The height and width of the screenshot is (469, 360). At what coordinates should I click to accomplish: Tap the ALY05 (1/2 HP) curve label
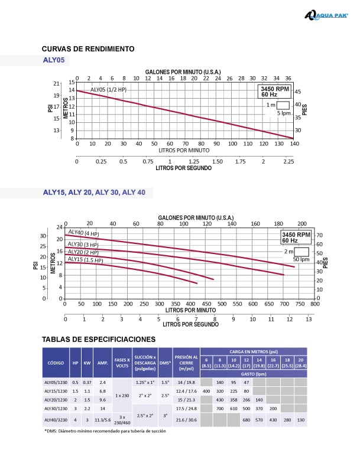pos(109,89)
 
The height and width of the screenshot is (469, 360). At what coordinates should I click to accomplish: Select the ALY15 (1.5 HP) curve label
pos(85,259)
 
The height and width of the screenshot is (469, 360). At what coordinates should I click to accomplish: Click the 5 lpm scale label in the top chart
pos(284,112)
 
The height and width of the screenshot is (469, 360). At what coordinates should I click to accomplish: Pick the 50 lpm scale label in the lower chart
pos(301,259)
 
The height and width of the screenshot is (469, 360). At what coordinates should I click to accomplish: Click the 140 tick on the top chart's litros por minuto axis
pos(293,144)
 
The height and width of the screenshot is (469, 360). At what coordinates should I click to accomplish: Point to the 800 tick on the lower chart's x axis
pos(314,304)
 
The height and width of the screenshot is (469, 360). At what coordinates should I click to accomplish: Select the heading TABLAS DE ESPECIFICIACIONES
pos(99,339)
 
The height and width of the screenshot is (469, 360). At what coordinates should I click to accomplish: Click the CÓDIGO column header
pos(56,364)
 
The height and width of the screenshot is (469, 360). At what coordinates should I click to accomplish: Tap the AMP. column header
pos(102,364)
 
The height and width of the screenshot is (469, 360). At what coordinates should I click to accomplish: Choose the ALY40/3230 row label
pos(56,419)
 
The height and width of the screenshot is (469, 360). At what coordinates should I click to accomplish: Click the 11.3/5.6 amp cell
pos(102,419)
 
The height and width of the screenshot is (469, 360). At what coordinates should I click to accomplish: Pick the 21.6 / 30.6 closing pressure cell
pos(187,419)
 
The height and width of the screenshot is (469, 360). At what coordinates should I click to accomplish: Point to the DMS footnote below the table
pos(105,431)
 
